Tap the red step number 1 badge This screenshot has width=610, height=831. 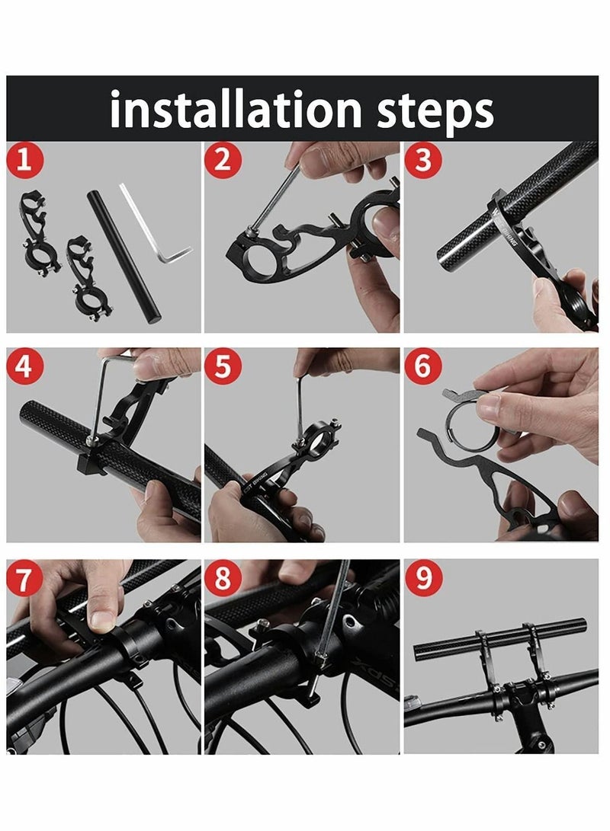point(24,161)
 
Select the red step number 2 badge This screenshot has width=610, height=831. point(222,161)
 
